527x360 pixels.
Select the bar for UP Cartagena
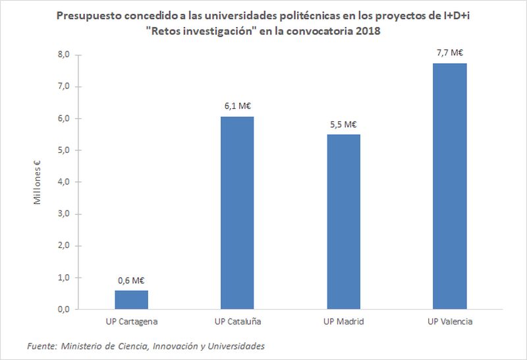(x=132, y=300)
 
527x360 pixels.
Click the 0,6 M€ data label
(x=132, y=280)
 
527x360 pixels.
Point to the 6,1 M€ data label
(x=238, y=105)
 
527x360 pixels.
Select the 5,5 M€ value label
(x=344, y=124)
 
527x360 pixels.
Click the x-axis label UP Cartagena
(x=132, y=322)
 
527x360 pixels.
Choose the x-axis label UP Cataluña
(x=238, y=322)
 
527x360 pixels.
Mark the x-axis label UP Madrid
(x=344, y=322)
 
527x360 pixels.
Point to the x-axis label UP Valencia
(x=450, y=322)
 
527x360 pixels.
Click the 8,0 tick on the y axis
(x=63, y=55)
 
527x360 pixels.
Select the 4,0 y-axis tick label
(x=63, y=182)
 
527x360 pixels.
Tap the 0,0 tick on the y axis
(x=63, y=309)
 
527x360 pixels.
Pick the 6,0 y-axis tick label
(x=63, y=119)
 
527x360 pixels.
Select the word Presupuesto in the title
(x=86, y=16)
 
